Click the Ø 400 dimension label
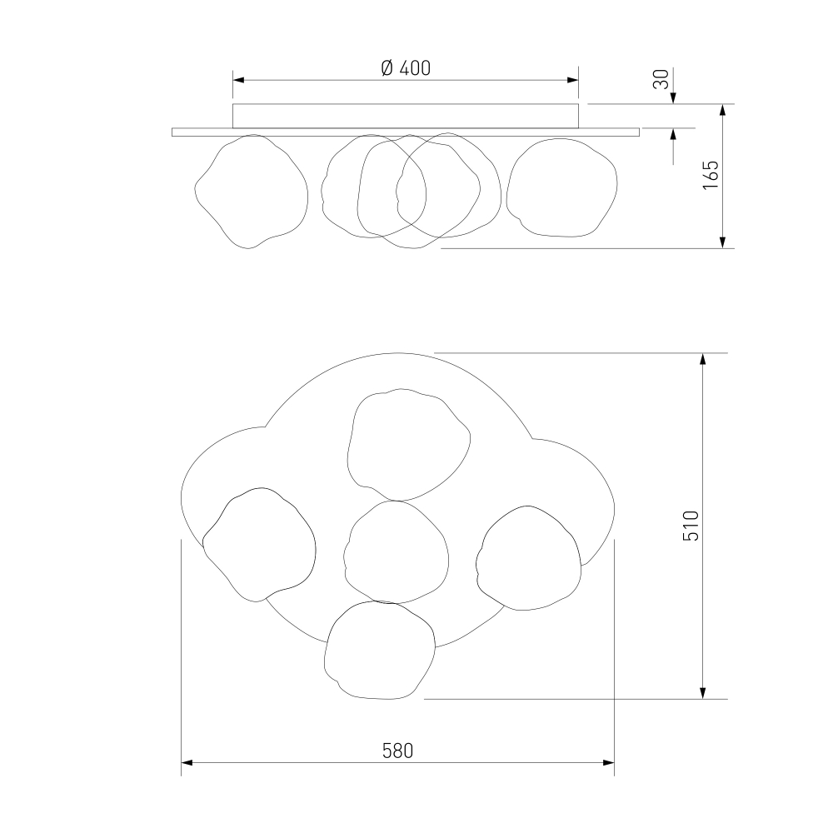tap(406, 68)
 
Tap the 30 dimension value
tap(661, 79)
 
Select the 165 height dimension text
tap(711, 175)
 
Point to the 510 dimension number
tap(691, 526)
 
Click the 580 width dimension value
tap(397, 751)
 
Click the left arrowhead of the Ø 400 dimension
tap(238, 80)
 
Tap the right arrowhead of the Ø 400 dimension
tap(573, 80)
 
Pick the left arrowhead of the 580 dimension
tap(187, 763)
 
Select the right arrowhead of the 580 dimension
tap(609, 763)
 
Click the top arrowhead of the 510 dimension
tap(703, 358)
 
